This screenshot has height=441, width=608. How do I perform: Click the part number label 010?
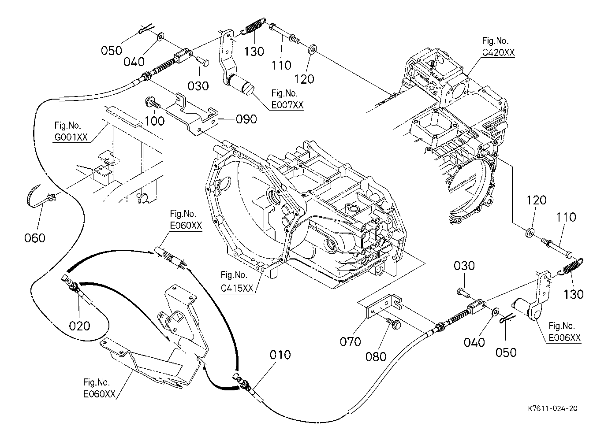tap(281, 355)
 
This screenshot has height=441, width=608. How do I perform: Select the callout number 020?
tap(79, 326)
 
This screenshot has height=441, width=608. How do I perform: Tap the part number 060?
tap(35, 238)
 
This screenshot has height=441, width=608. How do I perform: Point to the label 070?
tap(350, 341)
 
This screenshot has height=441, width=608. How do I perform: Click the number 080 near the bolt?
tap(376, 356)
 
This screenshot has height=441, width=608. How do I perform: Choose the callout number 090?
tap(246, 119)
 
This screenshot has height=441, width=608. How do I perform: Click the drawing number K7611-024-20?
tap(552, 408)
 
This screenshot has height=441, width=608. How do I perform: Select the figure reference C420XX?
tap(499, 52)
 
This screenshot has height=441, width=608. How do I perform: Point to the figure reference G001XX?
tap(71, 137)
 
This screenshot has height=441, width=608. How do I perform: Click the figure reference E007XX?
tap(287, 105)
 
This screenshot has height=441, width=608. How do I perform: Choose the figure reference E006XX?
tap(565, 338)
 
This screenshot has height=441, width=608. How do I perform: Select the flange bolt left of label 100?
tap(151, 104)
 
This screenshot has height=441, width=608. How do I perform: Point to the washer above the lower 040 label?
tap(495, 312)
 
